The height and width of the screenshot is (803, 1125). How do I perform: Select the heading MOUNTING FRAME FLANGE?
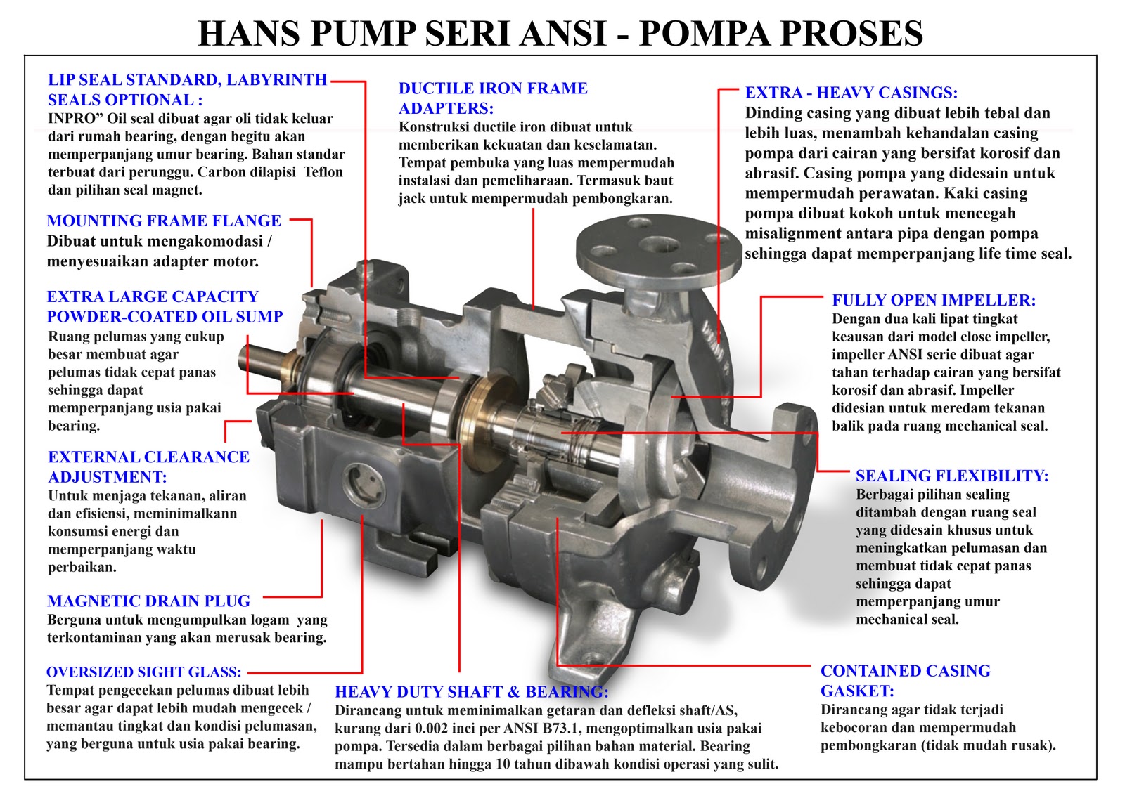tap(164, 221)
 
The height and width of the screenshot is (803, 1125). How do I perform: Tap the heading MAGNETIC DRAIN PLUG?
tap(148, 601)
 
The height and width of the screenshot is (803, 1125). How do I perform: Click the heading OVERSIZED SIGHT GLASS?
tap(143, 672)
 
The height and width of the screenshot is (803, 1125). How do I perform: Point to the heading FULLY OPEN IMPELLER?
tap(934, 301)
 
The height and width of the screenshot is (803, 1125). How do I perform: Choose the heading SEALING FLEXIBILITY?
tap(951, 476)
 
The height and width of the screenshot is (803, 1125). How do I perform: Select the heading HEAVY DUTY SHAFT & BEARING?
tap(471, 692)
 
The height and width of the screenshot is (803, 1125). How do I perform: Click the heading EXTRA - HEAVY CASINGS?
tap(851, 93)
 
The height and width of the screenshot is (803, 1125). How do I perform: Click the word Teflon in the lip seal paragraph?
tap(323, 172)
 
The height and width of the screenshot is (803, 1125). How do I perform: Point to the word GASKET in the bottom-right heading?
tap(856, 691)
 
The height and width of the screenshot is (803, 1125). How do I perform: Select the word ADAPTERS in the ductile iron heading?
tap(446, 109)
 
